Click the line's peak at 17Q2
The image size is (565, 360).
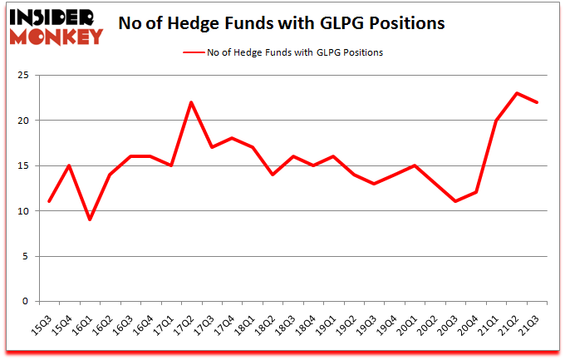point(191,102)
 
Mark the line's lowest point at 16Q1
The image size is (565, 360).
point(90,219)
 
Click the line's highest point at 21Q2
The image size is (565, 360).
point(517,93)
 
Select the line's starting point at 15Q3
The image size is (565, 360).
point(49,201)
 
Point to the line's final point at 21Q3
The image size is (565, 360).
point(538,102)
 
